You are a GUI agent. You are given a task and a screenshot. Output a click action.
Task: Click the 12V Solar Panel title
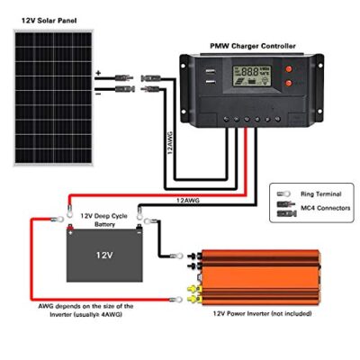(x=49, y=21)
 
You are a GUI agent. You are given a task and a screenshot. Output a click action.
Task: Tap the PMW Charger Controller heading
(x=253, y=46)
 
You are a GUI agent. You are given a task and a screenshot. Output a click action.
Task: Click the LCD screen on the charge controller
(x=252, y=76)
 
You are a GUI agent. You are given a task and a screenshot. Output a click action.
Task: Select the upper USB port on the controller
(x=211, y=72)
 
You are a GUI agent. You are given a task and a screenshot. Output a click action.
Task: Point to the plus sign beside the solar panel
(x=98, y=73)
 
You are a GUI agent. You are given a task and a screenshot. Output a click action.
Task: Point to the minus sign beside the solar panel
(x=98, y=94)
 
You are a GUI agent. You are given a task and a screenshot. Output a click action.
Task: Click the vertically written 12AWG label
(x=170, y=142)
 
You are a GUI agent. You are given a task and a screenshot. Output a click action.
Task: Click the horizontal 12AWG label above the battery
(x=188, y=201)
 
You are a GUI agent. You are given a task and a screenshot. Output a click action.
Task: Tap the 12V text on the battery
(x=104, y=255)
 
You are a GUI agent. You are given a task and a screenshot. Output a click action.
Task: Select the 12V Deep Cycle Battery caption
(x=104, y=220)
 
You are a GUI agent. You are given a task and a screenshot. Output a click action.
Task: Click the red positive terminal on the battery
(x=70, y=228)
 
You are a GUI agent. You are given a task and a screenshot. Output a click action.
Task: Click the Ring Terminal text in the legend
(x=321, y=194)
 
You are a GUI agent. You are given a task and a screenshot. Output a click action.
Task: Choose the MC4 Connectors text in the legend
(x=326, y=208)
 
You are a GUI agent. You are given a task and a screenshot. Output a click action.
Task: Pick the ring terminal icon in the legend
(x=283, y=193)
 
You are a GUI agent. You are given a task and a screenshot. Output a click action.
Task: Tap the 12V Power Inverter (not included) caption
(x=262, y=313)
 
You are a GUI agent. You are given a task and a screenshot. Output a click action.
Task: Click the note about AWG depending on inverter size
(x=85, y=310)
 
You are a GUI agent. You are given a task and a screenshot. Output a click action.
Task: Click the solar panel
(x=54, y=97)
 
